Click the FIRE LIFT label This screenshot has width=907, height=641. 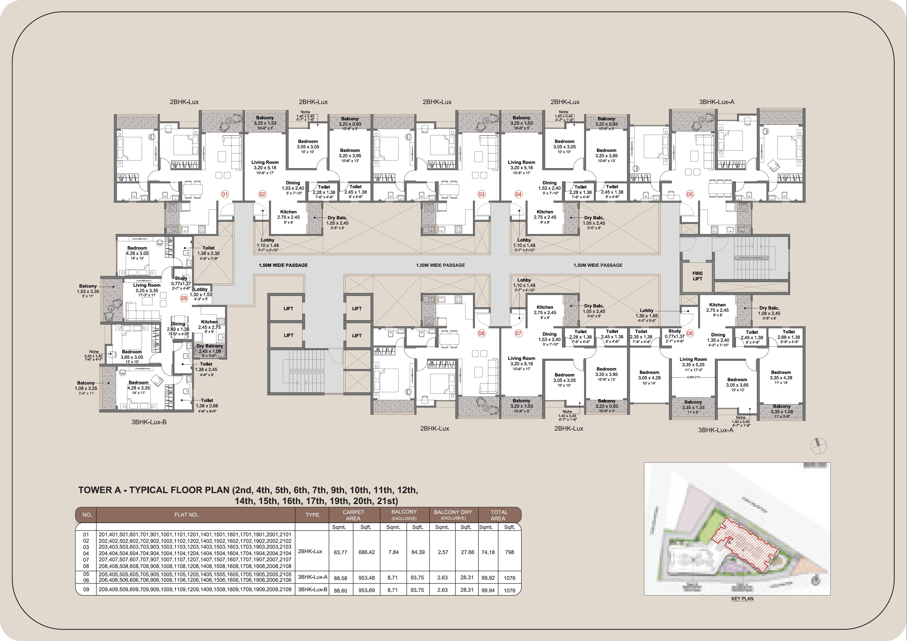pos(697,276)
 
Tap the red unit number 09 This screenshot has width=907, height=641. pos(184,298)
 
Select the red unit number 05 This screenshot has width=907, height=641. pos(690,194)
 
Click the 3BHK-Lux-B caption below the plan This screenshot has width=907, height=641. pos(149,422)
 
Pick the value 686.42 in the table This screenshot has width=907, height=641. pos(366,552)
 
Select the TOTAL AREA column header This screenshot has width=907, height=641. pos(499,515)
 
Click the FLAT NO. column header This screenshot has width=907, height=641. pos(186,515)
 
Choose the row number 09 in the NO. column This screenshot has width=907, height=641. pos(86,590)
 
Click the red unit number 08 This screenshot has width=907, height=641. pos(481,333)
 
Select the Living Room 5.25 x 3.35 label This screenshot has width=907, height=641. pos(147,288)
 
